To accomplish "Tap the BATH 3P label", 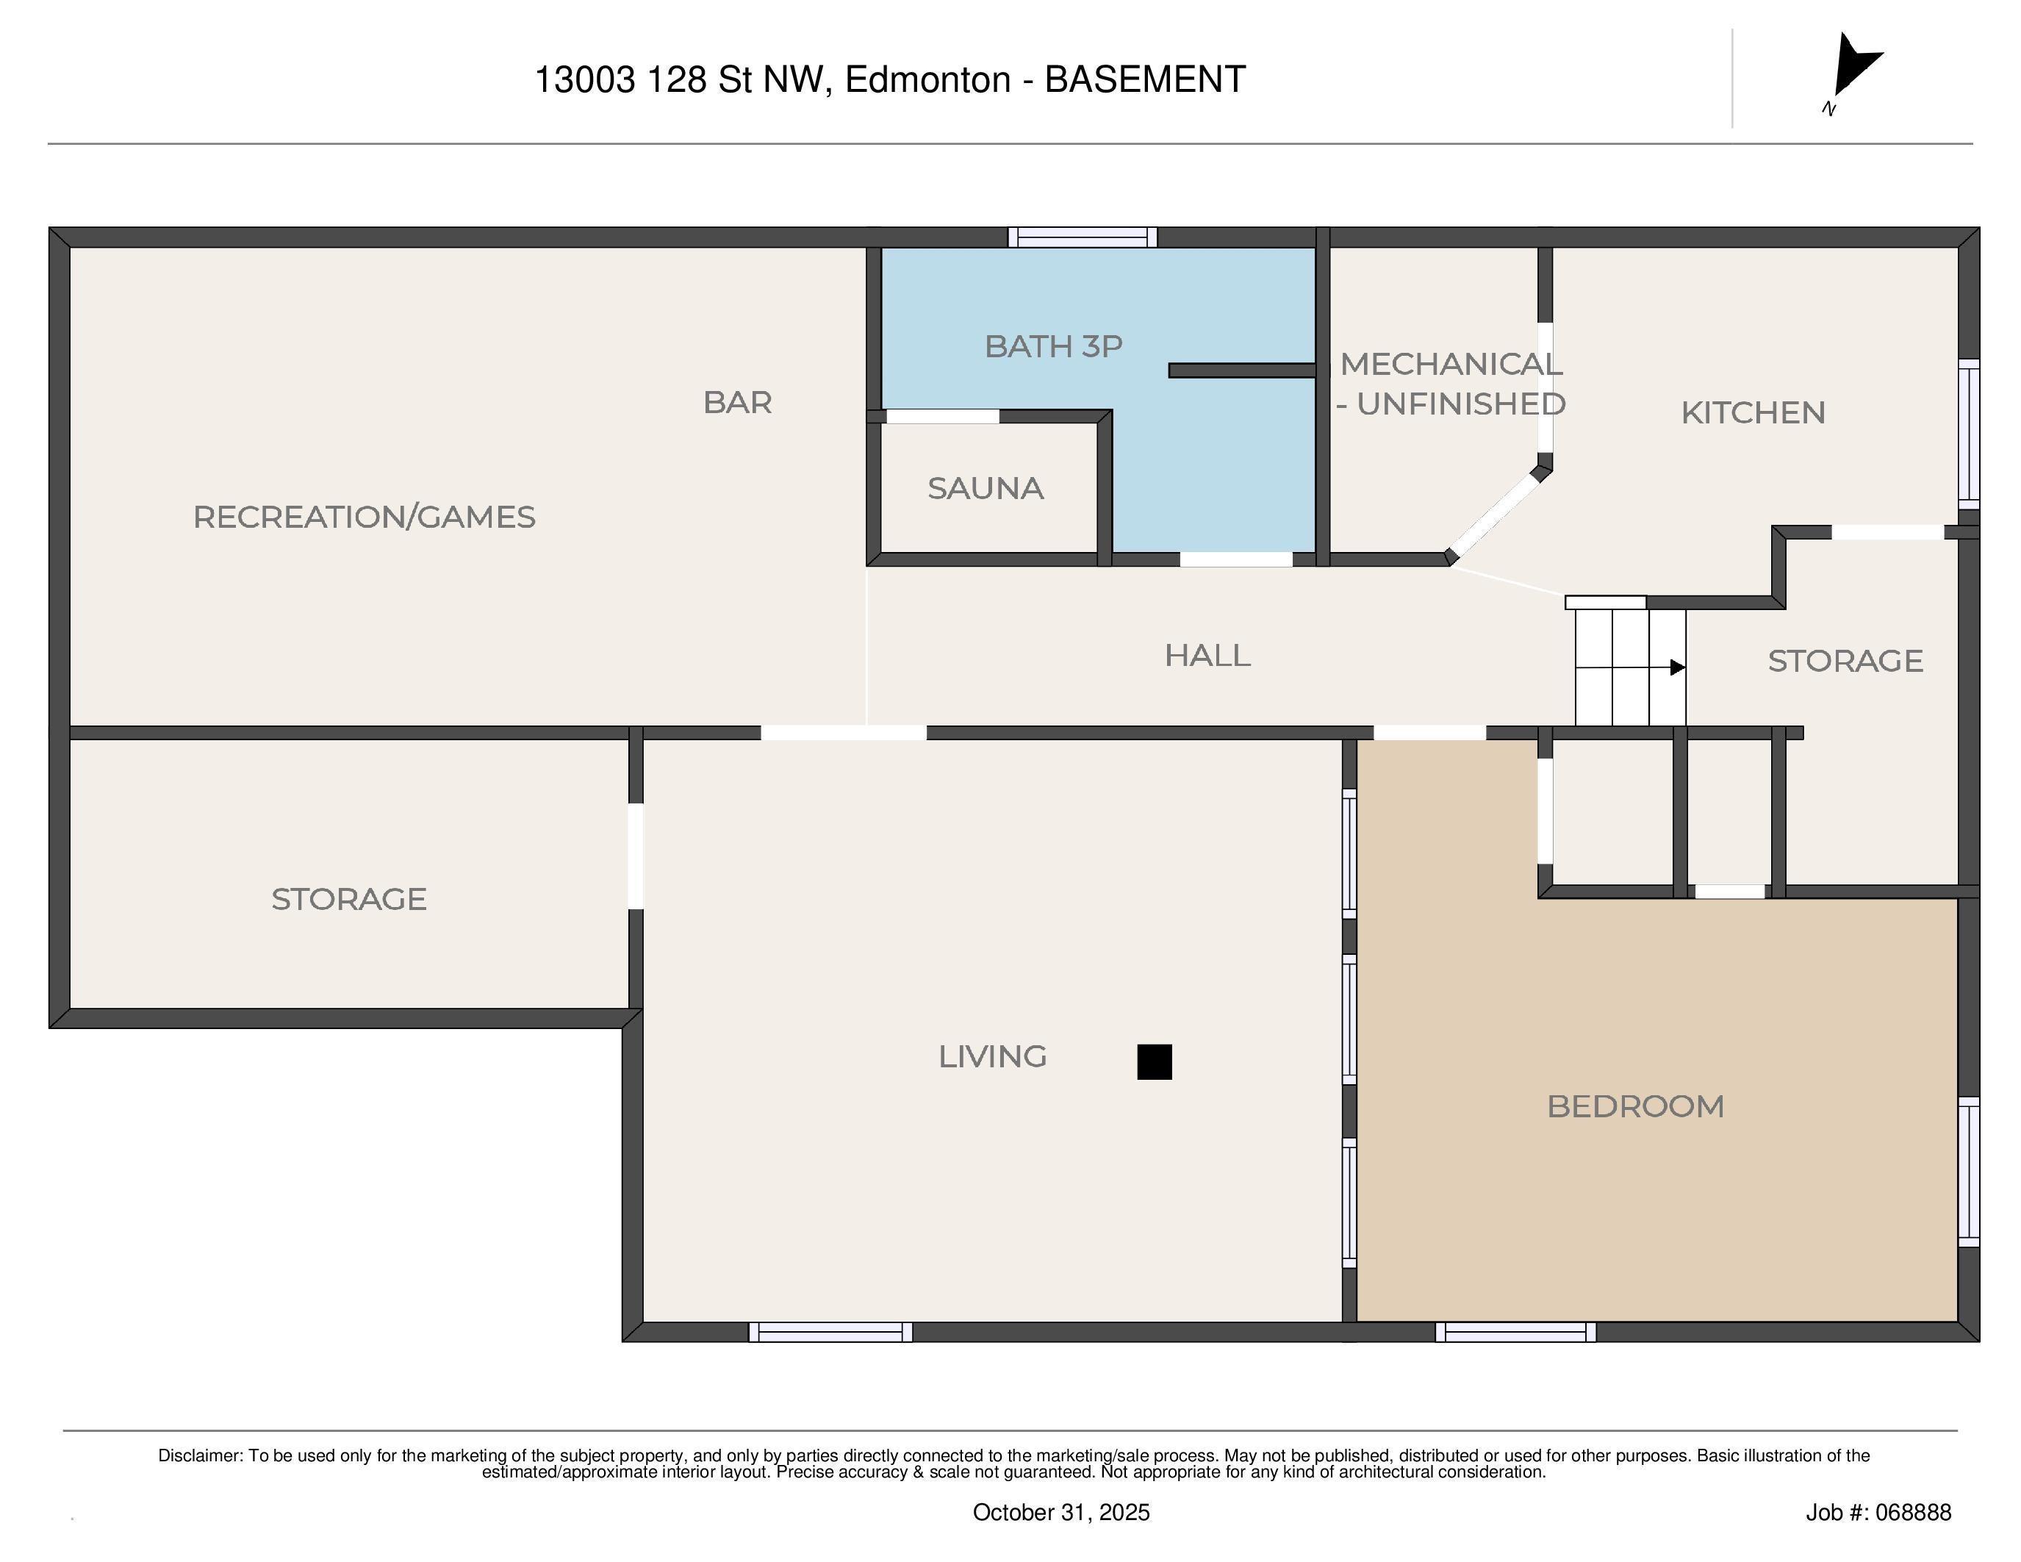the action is coord(1053,346).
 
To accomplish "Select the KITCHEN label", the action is coord(1753,412).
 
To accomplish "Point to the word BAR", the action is coord(738,403).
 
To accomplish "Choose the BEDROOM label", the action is coord(1635,1107).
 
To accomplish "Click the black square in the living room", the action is coord(1154,1061).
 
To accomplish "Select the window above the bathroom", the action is coord(1083,237).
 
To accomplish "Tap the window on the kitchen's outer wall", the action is coord(1969,434).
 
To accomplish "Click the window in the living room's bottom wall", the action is coord(830,1332).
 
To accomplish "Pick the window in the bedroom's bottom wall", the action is coord(1515,1332).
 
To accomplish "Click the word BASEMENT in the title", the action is coord(1145,79).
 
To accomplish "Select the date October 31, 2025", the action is coord(1060,1512).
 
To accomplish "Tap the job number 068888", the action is coord(1914,1512).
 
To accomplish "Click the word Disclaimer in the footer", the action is coord(200,1455).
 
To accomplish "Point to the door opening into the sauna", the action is coord(942,416).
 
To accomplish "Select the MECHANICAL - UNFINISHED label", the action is coord(1451,384).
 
